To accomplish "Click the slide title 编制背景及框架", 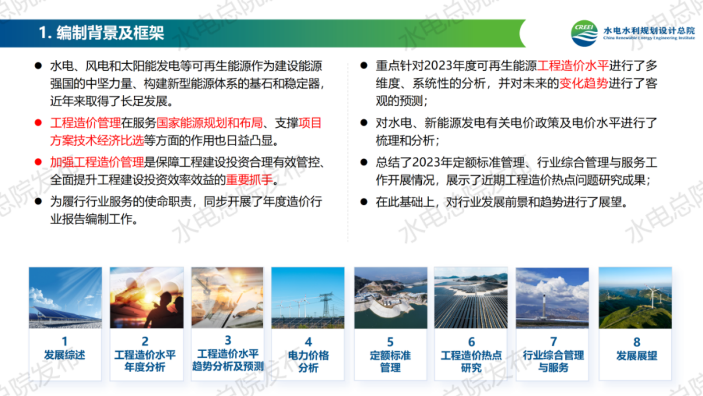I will point(110,33).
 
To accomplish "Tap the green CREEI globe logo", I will point(584,33).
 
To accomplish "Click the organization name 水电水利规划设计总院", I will point(649,31).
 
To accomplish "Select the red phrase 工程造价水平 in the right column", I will point(573,66).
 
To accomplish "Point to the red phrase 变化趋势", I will point(583,83).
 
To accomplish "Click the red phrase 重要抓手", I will point(249,180).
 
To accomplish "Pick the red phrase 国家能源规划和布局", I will point(210,123).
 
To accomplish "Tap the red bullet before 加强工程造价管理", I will point(38,162).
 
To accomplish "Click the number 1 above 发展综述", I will point(65,341).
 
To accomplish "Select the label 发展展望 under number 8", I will point(637,355).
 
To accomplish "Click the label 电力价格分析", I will point(308,361).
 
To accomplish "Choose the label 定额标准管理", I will point(390,361).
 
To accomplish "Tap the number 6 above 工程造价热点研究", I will point(471,342).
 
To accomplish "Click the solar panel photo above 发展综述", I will point(65,298).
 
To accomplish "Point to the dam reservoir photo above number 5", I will point(390,298).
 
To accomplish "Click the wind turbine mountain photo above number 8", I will point(635,298).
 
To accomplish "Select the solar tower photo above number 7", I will point(552,298).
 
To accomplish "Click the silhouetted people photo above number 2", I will point(147,298).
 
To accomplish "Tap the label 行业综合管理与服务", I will point(553,361).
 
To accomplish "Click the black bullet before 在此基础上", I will point(364,202).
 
